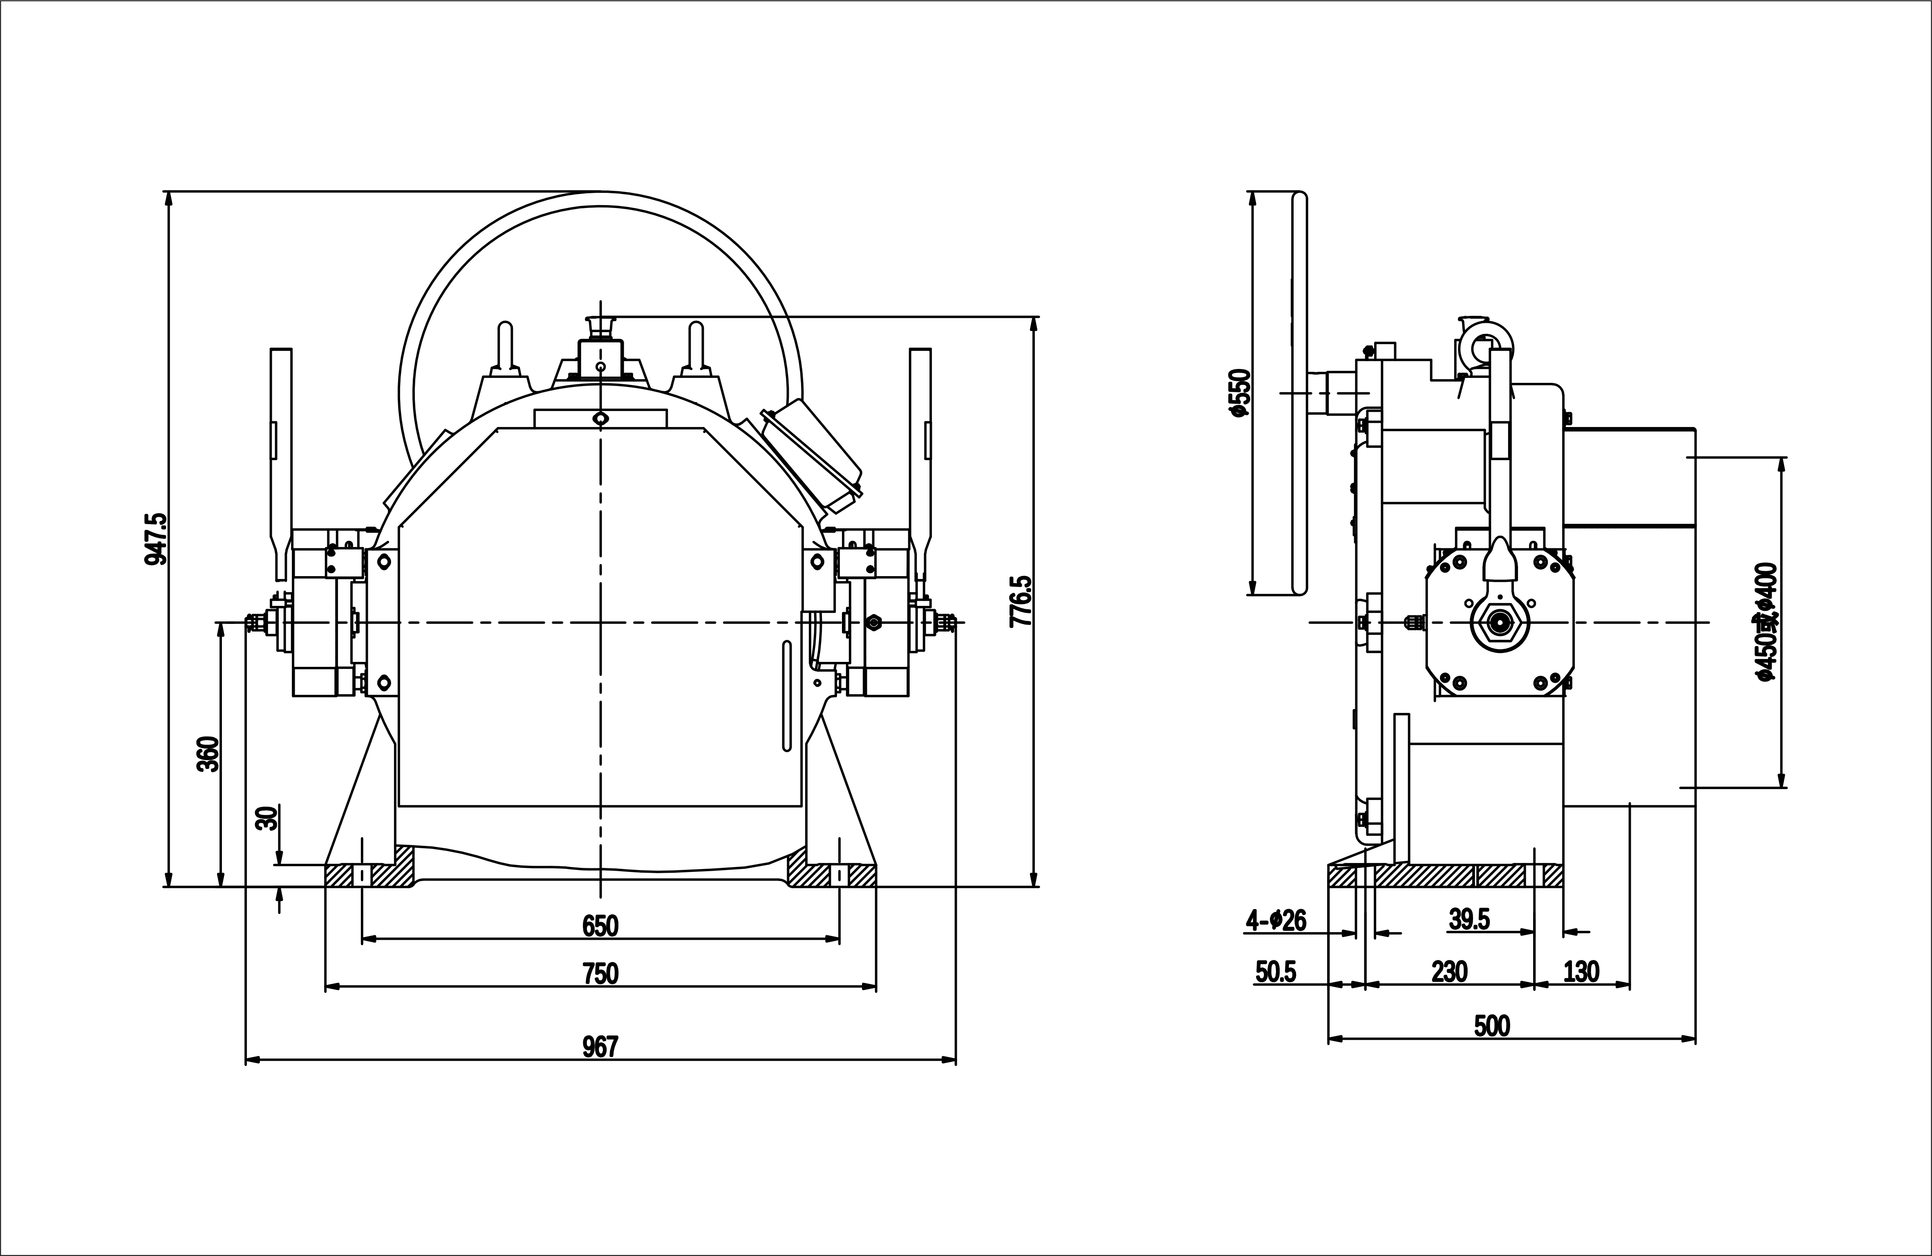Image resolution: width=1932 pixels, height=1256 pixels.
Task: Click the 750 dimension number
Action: click(x=601, y=973)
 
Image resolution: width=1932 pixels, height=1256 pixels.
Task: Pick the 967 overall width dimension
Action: click(x=601, y=1047)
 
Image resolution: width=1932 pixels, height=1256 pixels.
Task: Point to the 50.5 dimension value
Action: click(x=1276, y=971)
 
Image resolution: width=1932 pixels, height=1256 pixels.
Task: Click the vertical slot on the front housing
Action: click(x=786, y=695)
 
